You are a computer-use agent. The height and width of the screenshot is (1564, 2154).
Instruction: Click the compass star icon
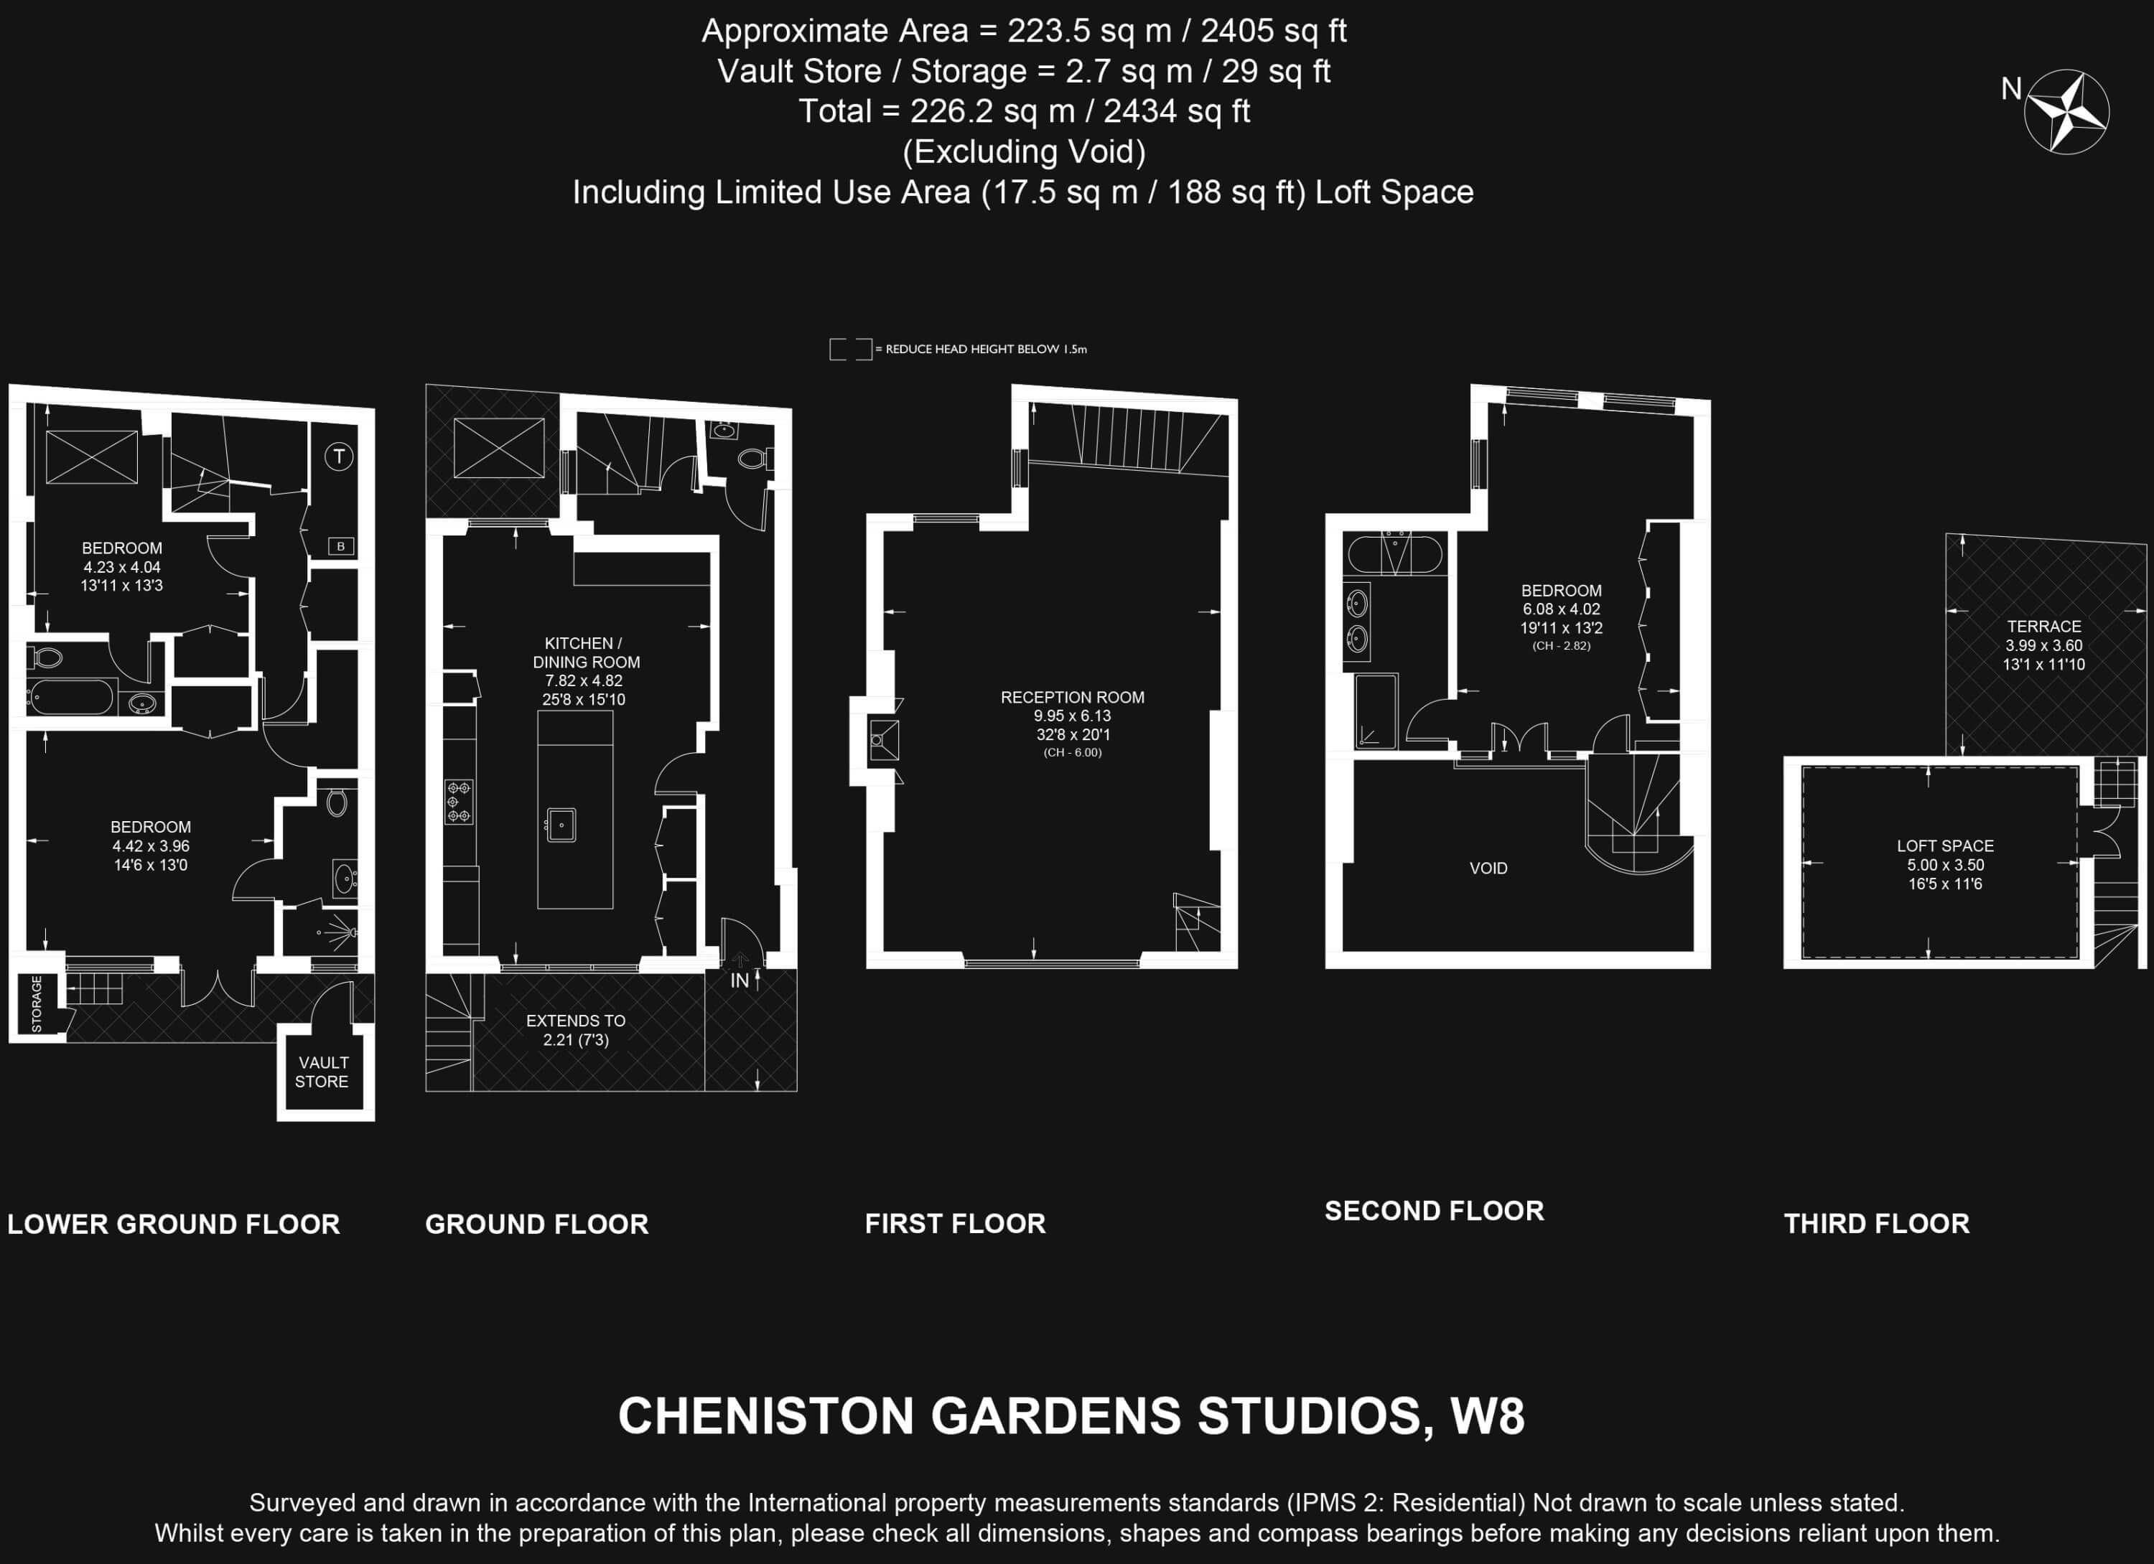pyautogui.click(x=2066, y=112)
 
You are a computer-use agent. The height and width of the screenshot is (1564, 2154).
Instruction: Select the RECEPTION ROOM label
pyautogui.click(x=1072, y=697)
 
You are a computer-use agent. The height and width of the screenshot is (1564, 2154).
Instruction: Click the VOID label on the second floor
pyautogui.click(x=1488, y=868)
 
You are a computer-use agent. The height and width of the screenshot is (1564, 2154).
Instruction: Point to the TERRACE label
pyautogui.click(x=2044, y=626)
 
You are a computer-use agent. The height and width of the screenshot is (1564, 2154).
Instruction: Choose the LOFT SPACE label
pyautogui.click(x=1945, y=845)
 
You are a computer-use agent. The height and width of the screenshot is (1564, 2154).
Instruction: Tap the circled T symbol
pyautogui.click(x=339, y=456)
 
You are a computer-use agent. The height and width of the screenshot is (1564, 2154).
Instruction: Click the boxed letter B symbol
pyautogui.click(x=341, y=546)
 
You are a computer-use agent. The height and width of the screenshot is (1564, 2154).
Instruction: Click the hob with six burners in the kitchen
pyautogui.click(x=459, y=802)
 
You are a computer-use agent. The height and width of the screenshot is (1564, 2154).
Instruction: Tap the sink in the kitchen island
pyautogui.click(x=561, y=825)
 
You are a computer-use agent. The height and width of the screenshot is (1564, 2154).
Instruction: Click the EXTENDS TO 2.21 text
pyautogui.click(x=576, y=1030)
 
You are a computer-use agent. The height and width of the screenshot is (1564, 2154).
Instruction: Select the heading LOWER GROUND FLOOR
pyautogui.click(x=174, y=1224)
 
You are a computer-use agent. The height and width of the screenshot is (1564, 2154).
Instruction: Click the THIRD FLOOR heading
pyautogui.click(x=1877, y=1223)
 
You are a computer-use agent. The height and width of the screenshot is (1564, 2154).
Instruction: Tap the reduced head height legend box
pyautogui.click(x=850, y=350)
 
